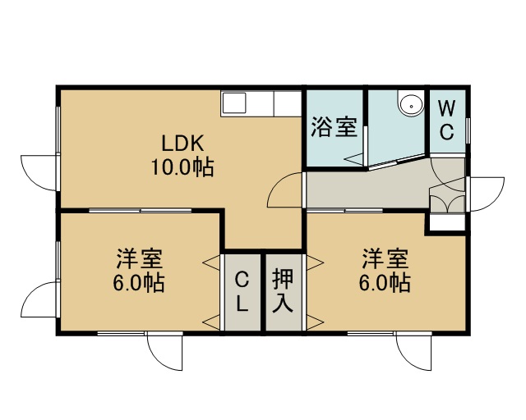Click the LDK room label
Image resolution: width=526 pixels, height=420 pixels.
pos(182,143)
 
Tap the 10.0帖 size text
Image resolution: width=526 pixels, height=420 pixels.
pos(182,167)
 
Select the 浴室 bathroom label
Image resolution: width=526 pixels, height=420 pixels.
pos(334,127)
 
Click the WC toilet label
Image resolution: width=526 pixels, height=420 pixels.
pos(447,120)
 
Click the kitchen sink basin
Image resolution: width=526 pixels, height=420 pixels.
pos(234,103)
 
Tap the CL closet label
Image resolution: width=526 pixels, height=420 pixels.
pos(242,291)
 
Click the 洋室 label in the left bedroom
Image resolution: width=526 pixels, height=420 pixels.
pos(139,258)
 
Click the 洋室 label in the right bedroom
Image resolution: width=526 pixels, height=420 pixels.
pos(385,258)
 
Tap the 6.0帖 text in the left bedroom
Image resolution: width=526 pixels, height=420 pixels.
pos(139,283)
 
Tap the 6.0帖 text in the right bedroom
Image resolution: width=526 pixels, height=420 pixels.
pos(385,283)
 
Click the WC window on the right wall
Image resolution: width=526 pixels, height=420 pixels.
pos(468,130)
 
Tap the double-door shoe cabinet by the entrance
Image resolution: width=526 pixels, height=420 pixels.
pos(447,203)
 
